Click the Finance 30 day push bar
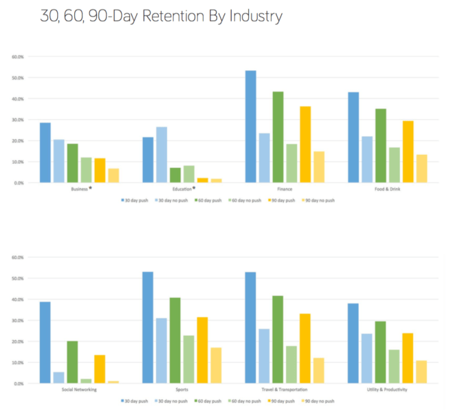pyautogui.click(x=250, y=127)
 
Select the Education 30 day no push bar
pyautogui.click(x=162, y=155)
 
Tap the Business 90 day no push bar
pyautogui.click(x=113, y=176)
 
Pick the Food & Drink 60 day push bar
pyautogui.click(x=381, y=145)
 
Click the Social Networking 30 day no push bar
pyautogui.click(x=59, y=378)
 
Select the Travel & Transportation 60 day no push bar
pyautogui.click(x=291, y=364)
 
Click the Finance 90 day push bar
pyautogui.click(x=305, y=145)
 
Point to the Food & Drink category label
pyautogui.click(x=388, y=188)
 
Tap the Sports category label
pyautogui.click(x=181, y=389)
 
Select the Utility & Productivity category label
pyautogui.click(x=388, y=389)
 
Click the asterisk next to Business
pyautogui.click(x=91, y=187)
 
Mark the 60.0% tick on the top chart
pyautogui.click(x=19, y=56)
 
